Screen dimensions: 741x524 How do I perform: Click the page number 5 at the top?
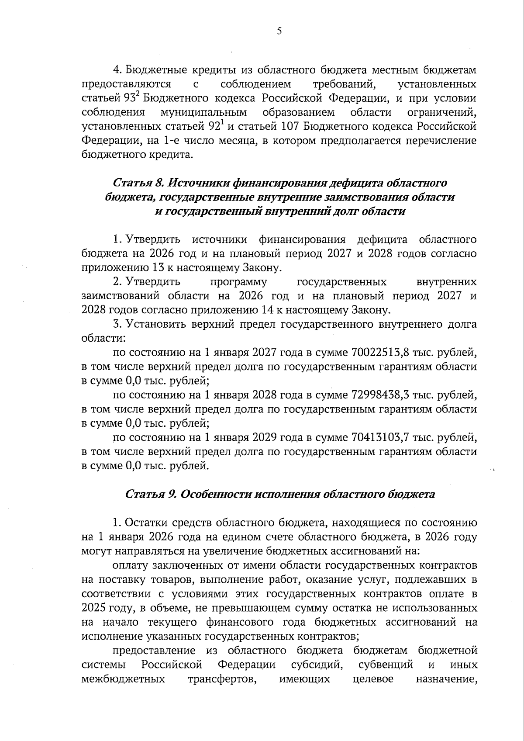[279, 31]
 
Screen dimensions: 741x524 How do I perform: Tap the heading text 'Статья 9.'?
[150, 494]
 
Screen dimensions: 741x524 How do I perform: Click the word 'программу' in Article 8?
[238, 282]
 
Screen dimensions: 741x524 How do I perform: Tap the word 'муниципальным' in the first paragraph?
[203, 112]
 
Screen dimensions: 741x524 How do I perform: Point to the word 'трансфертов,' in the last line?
[222, 679]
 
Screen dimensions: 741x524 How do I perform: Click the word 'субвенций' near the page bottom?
[386, 665]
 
